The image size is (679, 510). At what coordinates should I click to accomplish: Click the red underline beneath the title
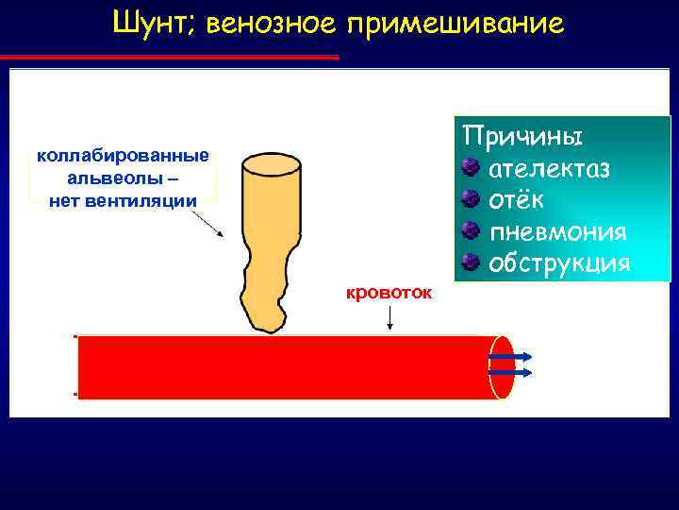click(174, 58)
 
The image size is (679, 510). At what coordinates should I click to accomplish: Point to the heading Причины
click(522, 134)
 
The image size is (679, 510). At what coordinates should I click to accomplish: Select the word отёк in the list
click(516, 200)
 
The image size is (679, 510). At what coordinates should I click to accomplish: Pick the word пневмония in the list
click(558, 231)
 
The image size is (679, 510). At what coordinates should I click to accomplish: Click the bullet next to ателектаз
click(472, 168)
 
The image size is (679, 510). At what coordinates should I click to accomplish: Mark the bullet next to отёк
click(472, 199)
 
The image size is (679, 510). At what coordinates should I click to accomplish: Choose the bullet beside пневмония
click(472, 230)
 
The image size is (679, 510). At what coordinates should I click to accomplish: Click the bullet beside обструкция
click(472, 262)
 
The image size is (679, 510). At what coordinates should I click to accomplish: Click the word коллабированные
click(123, 155)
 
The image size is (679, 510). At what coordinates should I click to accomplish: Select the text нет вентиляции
click(123, 199)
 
